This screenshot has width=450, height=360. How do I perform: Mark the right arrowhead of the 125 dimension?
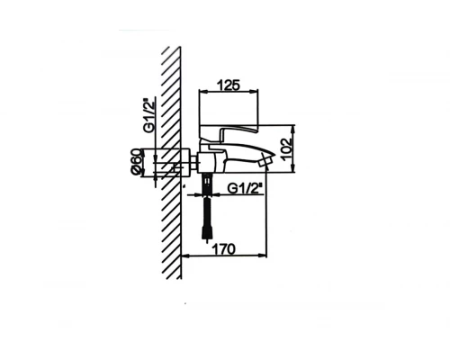click(x=257, y=93)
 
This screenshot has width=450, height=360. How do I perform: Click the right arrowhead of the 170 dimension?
click(x=265, y=259)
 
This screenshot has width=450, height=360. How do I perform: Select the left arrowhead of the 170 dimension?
click(x=185, y=259)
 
